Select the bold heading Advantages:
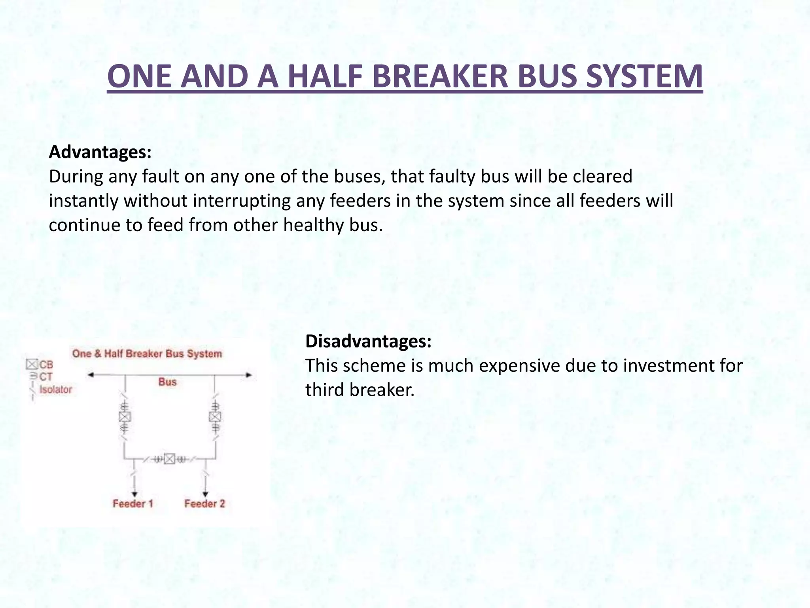click(x=100, y=152)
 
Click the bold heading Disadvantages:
click(x=368, y=341)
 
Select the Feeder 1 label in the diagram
click(x=133, y=503)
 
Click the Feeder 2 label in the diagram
click(x=204, y=503)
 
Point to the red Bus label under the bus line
click(x=167, y=382)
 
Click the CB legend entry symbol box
click(x=32, y=364)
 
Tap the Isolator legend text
click(x=56, y=389)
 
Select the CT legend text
click(x=46, y=377)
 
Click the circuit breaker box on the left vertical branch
click(x=125, y=416)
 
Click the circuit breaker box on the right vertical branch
click(x=215, y=416)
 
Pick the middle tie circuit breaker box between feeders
click(x=170, y=459)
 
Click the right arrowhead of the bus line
click(x=249, y=375)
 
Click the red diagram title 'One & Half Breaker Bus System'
click(x=147, y=353)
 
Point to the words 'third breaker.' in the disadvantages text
click(x=360, y=390)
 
